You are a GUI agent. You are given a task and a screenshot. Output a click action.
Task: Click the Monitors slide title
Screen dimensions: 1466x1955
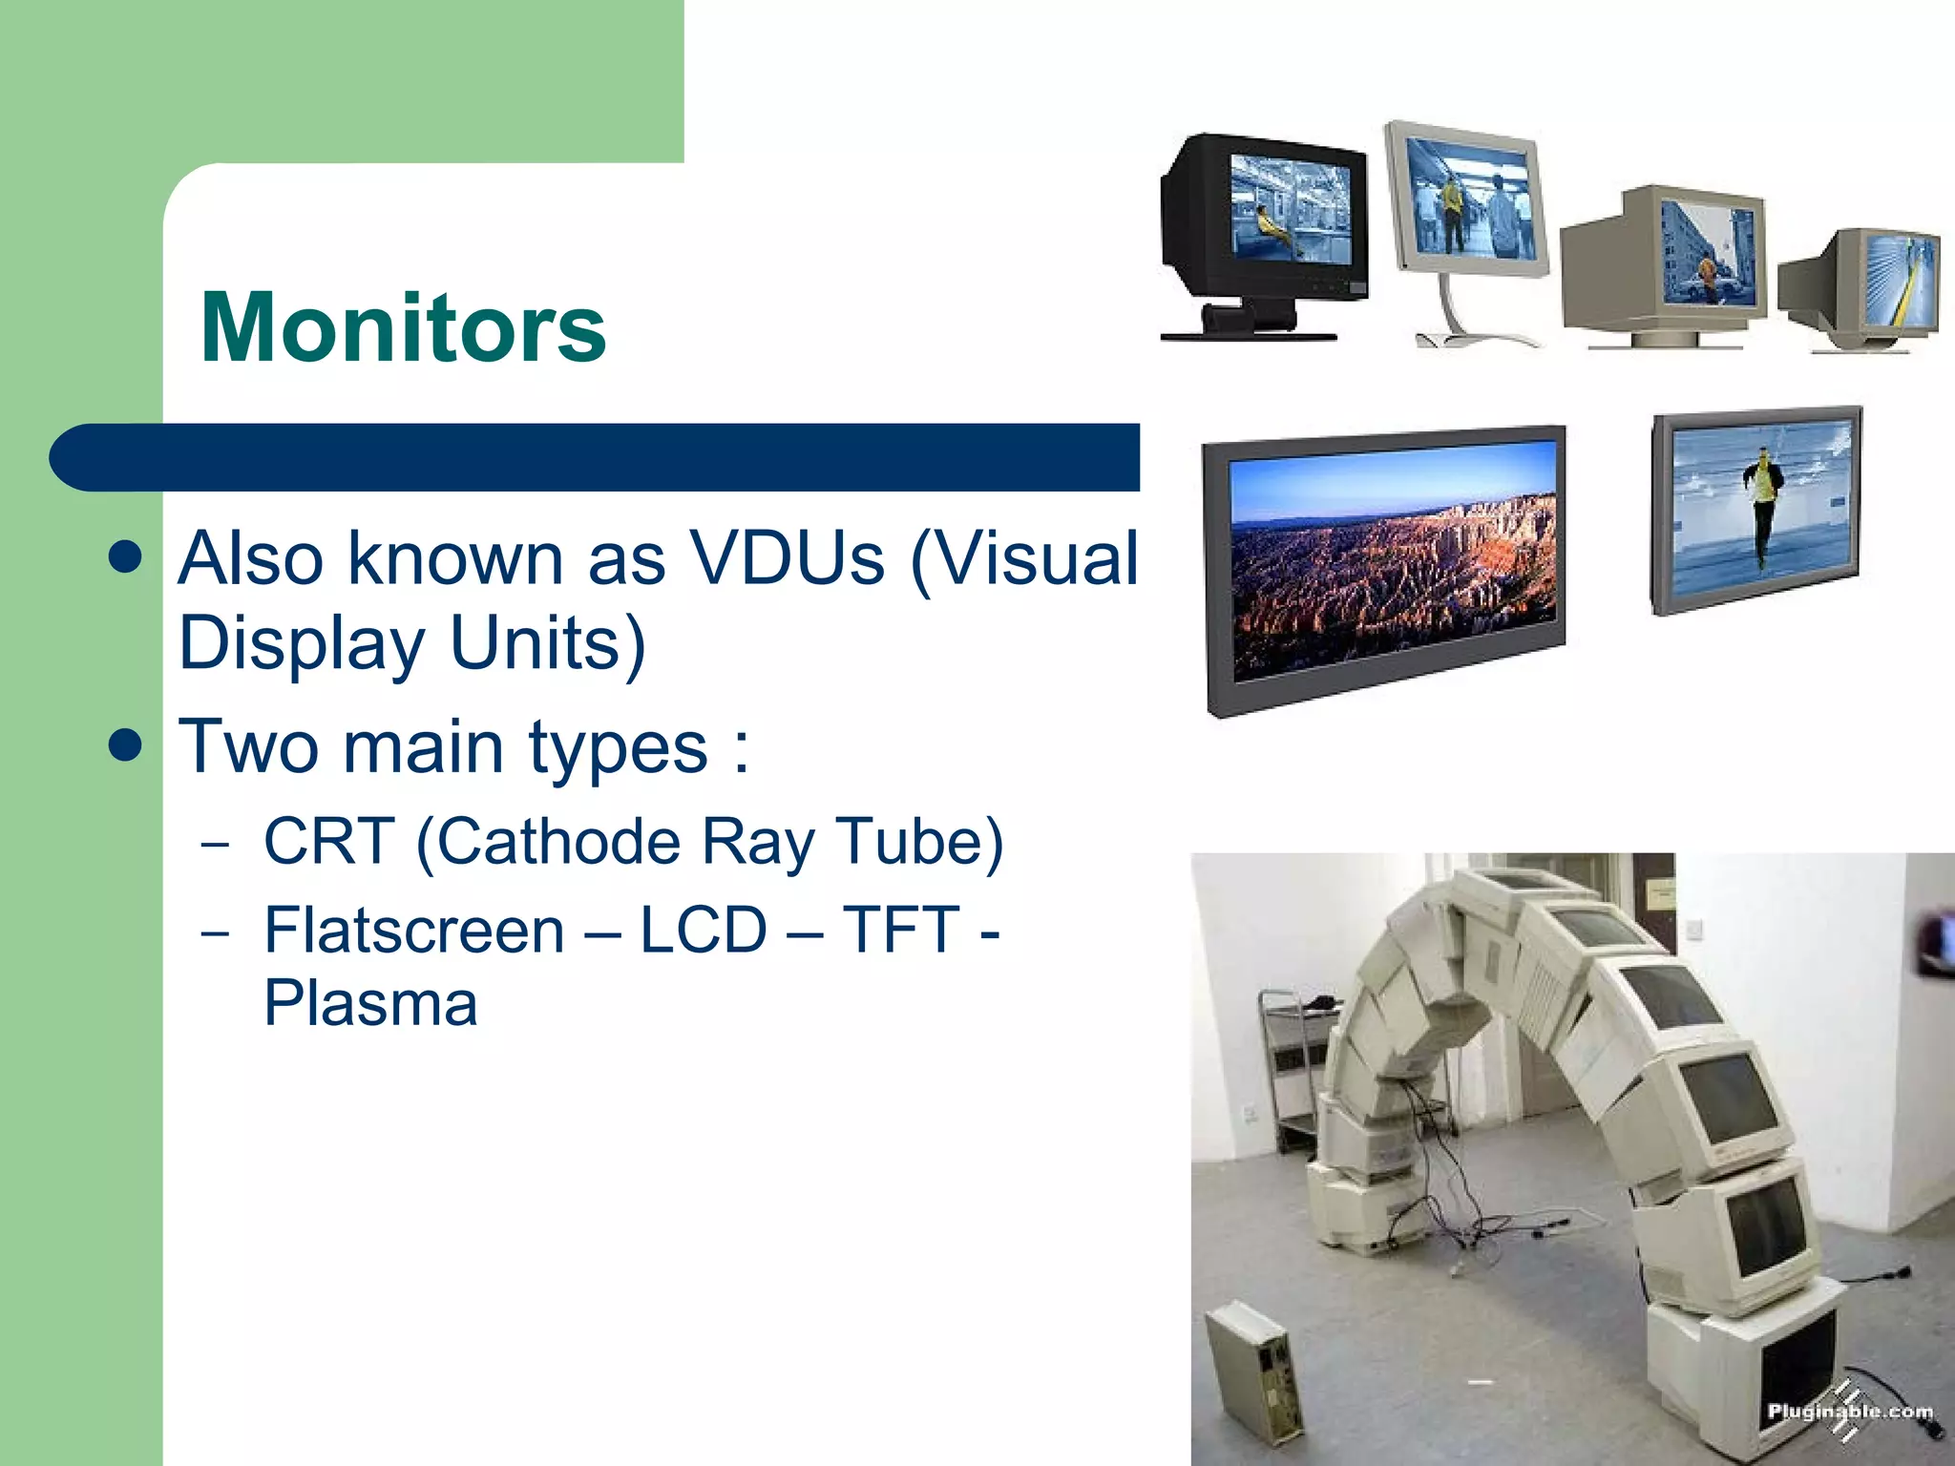[403, 327]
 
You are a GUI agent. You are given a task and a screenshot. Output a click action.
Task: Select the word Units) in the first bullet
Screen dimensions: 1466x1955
[547, 643]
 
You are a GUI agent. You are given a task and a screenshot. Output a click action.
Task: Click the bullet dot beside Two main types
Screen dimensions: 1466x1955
[125, 745]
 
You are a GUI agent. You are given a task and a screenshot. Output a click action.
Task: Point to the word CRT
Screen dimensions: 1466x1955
[327, 842]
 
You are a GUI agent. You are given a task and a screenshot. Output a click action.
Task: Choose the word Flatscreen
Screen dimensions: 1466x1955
[414, 931]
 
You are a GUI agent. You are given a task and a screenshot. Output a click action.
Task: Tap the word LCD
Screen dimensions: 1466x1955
[703, 931]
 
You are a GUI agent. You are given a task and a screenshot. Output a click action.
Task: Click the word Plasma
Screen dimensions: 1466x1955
[370, 1004]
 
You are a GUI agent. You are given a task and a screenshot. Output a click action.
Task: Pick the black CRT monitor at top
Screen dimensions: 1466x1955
[1262, 234]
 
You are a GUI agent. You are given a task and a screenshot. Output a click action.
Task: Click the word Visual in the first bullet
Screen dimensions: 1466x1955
[1026, 558]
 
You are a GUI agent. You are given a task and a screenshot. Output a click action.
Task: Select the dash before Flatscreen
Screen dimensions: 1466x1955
[216, 932]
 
